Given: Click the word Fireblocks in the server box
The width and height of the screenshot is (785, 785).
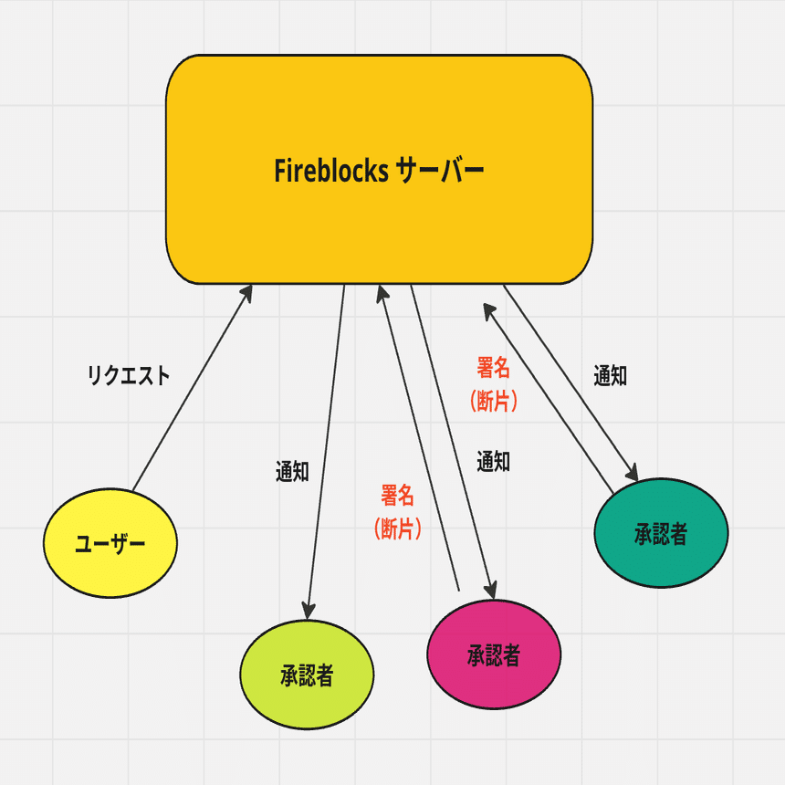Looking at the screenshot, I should tap(331, 171).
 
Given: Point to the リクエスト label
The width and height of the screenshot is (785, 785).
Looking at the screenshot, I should tap(129, 375).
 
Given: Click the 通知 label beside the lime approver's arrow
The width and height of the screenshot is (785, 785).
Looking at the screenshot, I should tap(292, 472).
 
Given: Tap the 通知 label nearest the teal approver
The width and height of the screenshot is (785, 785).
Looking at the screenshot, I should tap(610, 375).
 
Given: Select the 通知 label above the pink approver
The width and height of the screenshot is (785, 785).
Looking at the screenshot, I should tap(493, 462).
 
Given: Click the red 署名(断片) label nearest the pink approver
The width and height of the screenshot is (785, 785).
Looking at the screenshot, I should tap(398, 512).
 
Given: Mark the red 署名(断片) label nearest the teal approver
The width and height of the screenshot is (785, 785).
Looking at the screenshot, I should tap(494, 384).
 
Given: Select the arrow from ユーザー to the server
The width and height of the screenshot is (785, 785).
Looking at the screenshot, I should tap(192, 388).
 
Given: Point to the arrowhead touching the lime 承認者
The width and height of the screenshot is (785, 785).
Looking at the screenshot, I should tap(309, 610).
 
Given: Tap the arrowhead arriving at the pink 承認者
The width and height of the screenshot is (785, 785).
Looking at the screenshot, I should tap(491, 589).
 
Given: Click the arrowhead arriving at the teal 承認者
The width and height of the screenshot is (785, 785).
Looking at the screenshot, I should tap(631, 473).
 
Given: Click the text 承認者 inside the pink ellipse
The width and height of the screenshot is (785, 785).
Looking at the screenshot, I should tap(494, 654).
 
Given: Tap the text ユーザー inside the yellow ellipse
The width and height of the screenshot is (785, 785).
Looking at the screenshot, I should tap(110, 544).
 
